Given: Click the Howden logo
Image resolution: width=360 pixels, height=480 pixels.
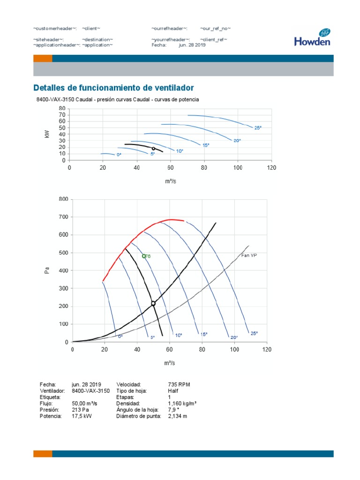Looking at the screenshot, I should pos(312,37).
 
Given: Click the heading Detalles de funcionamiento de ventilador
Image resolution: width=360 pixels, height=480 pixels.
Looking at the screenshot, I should pos(113,88).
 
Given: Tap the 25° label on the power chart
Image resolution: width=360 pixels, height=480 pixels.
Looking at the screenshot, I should pos(258,127).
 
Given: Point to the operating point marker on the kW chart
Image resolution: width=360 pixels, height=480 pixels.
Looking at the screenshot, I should pos(153,149).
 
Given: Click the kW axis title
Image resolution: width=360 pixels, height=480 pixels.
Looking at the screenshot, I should pos(47,135).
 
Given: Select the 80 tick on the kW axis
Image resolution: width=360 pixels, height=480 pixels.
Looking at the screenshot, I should pos(61,108).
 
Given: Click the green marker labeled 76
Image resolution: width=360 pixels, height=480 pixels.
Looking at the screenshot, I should pos(144,256).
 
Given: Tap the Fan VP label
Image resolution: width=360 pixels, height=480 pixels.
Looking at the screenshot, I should pos(249,255).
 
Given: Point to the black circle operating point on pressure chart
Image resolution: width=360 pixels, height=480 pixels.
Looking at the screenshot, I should pos(153,304).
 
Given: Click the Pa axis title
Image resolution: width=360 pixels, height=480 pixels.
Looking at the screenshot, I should pos(47,270).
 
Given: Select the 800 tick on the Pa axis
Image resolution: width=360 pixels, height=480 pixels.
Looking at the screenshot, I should pos(63,199).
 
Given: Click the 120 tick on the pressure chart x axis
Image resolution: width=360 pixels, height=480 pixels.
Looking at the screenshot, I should pos(266,350).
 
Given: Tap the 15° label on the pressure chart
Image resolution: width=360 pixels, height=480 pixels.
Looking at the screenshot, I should pos(204,334).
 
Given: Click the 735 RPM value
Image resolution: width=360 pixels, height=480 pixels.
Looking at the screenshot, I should pos(179,384).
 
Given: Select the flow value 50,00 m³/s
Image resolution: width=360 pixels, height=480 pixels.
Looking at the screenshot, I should pos(84,403).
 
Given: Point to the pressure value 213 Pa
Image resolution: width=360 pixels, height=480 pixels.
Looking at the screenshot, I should pos(80,409).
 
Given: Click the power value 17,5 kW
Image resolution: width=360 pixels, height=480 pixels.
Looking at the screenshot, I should pos(82,416).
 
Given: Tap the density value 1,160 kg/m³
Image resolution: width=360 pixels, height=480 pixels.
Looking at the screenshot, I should pos(182,403).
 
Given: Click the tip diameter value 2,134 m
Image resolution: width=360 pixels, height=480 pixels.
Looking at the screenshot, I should pos(178,416).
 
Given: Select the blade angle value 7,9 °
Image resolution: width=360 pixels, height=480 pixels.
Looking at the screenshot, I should pos(174,409).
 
